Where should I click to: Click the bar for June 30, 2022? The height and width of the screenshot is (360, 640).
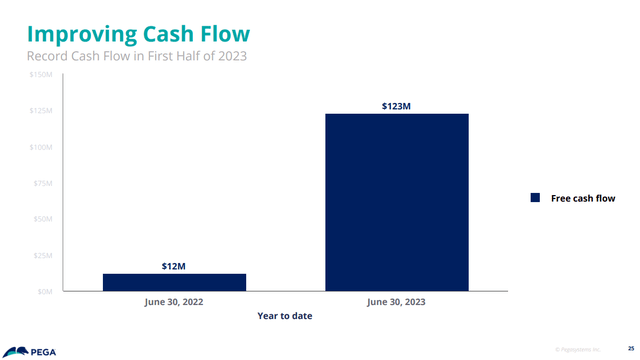[x=174, y=282]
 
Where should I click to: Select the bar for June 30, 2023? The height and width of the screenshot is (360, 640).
[x=396, y=202]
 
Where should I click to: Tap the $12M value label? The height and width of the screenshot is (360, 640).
[x=174, y=266]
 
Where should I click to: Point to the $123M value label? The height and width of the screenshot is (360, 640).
[x=396, y=106]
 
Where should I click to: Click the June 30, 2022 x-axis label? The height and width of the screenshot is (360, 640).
[x=174, y=301]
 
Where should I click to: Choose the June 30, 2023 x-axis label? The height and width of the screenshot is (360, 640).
[x=396, y=301]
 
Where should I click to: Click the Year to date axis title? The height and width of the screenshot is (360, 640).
[x=284, y=317]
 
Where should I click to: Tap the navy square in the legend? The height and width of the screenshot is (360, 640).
[x=535, y=198]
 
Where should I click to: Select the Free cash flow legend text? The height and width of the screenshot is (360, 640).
[x=583, y=198]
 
